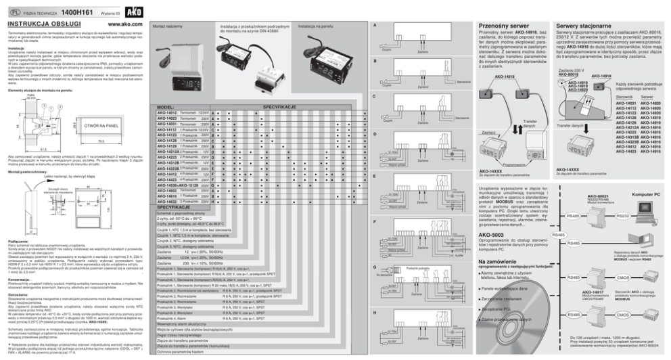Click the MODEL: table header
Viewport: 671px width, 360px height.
click(166, 108)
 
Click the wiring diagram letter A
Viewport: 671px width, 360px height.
click(375, 25)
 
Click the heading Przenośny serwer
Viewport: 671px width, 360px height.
click(501, 24)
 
